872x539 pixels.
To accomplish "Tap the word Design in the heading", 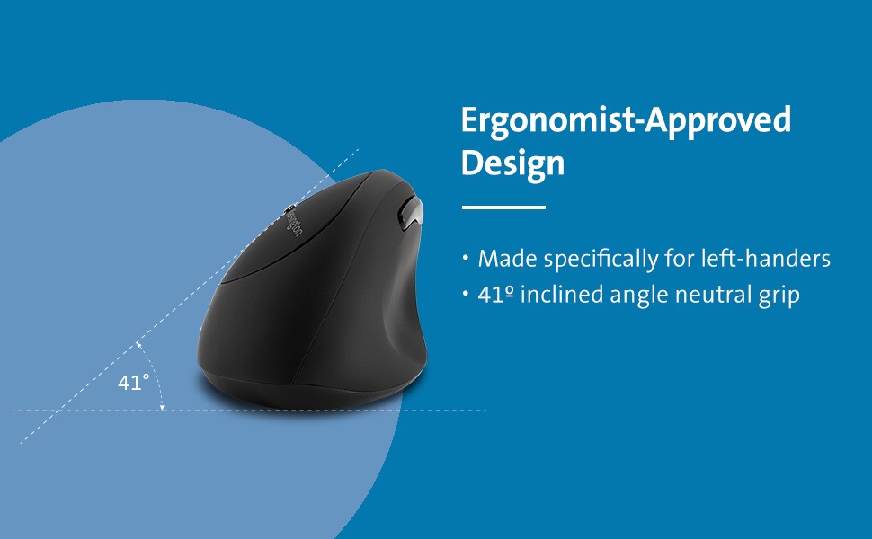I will (513, 164).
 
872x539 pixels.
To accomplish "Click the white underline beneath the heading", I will (503, 208).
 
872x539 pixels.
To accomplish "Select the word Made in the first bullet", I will (506, 260).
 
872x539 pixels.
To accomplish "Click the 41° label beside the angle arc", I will (133, 383).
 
